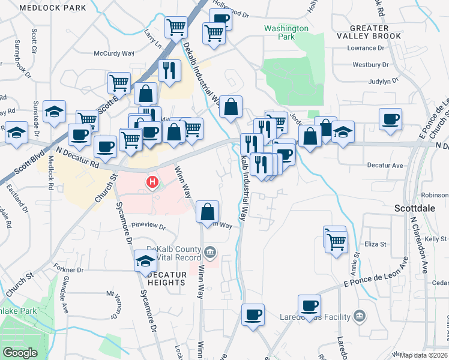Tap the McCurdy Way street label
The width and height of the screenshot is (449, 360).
tap(113, 53)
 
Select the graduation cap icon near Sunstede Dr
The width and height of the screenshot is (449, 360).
tap(54, 111)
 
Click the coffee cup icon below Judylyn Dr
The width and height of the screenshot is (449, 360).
tap(390, 118)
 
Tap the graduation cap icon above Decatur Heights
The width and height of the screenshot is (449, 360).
tap(145, 260)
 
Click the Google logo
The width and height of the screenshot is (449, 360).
tap(20, 353)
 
